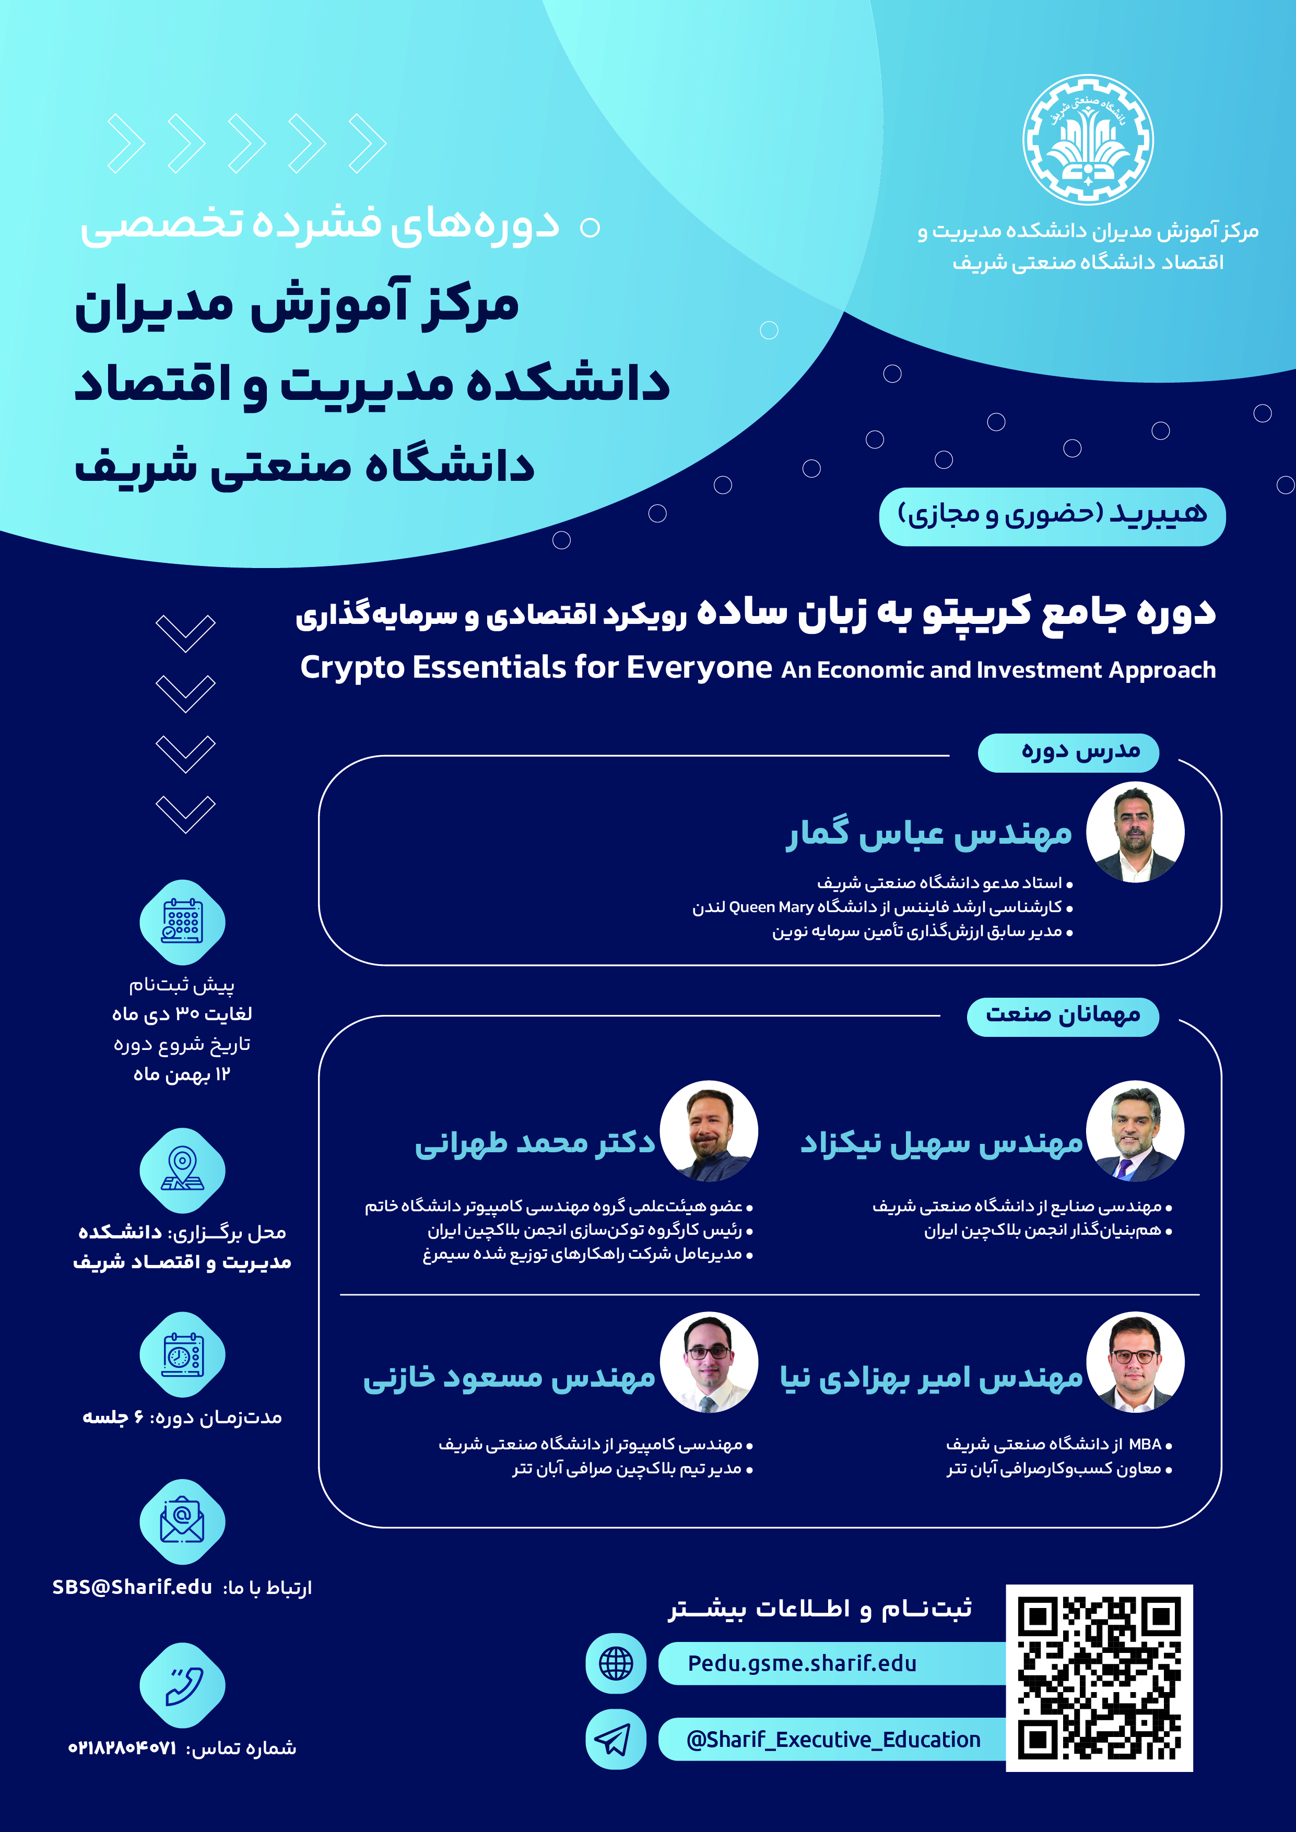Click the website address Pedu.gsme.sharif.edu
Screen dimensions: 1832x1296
[x=802, y=1663]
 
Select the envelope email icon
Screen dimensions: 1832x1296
[x=183, y=1521]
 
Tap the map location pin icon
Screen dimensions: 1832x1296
[x=183, y=1170]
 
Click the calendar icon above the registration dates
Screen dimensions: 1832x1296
[x=183, y=921]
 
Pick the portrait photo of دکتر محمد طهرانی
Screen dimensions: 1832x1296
[x=709, y=1131]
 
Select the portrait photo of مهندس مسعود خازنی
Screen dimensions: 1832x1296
[x=709, y=1362]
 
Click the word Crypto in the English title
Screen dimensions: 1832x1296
[x=353, y=667]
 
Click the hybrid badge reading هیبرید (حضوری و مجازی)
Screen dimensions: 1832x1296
[x=1052, y=515]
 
